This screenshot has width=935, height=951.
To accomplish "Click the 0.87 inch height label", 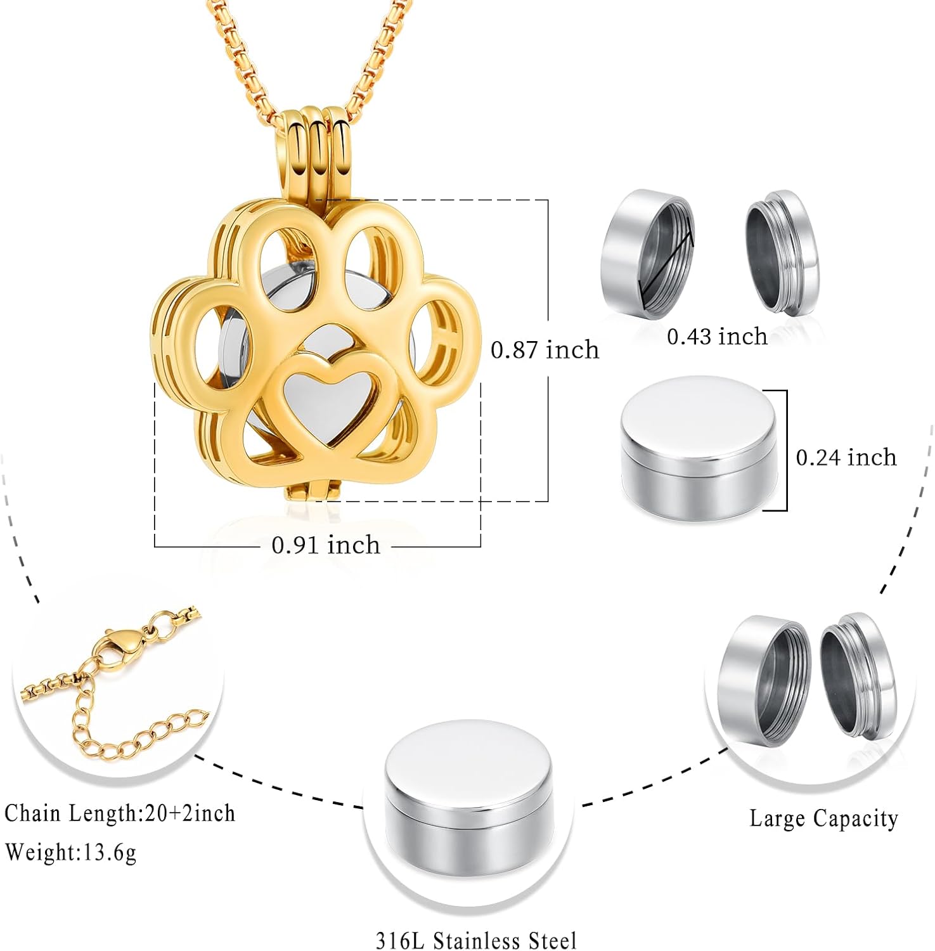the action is (545, 349).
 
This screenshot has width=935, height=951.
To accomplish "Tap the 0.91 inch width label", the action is (326, 545).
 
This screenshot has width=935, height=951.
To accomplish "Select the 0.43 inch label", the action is (717, 336).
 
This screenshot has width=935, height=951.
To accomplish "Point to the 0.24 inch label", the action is (846, 457).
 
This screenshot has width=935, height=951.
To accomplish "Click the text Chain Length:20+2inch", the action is (120, 813).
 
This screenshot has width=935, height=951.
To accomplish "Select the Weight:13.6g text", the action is (70, 851).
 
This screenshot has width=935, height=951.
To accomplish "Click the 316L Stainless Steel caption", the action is (476, 940).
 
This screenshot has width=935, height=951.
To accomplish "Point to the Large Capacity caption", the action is (823, 818).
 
